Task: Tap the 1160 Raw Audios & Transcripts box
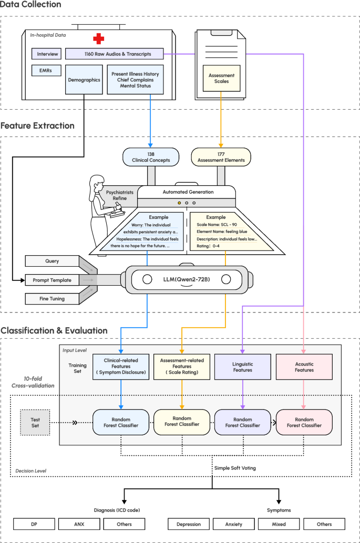coord(114,54)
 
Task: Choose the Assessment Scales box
coord(221,79)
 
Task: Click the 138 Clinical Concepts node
coord(150,156)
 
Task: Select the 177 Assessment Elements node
coord(221,156)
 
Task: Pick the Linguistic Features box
coord(242,366)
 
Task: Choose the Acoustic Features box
coord(304,366)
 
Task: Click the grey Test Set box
coord(35,422)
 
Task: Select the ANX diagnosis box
coord(78,524)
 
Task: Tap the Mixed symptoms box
coord(279,524)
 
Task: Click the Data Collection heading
coord(30,5)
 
